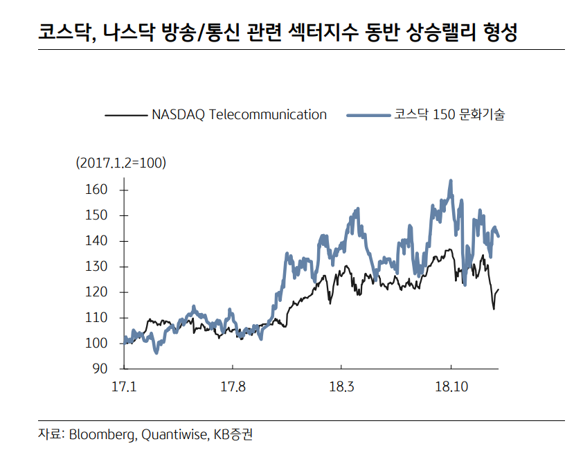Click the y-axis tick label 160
pos(96,190)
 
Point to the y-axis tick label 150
pos(96,215)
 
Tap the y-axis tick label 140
pos(96,241)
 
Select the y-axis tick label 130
pos(96,267)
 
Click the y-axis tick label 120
pos(96,292)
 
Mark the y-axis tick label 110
pos(96,318)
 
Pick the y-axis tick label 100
pos(96,344)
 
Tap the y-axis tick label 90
pos(100,368)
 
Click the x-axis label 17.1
pos(123,386)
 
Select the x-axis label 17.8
pos(233,386)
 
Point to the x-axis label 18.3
pos(341,386)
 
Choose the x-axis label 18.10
pos(451,386)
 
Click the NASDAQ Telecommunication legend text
pos(239,115)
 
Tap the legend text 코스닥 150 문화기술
pos(449,115)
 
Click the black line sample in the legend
pos(125,115)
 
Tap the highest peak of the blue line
pos(451,181)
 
